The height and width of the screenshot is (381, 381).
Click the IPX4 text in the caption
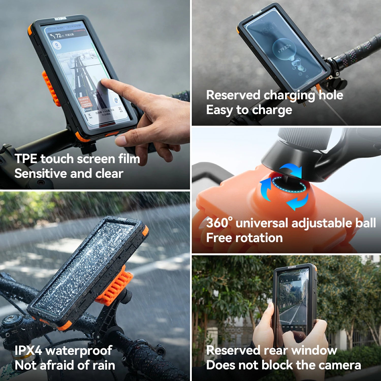tap(28, 351)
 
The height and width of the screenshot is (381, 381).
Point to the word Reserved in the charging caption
tap(233, 95)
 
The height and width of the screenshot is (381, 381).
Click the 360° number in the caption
tap(219, 223)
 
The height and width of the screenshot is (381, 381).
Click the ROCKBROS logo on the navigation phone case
tap(60, 19)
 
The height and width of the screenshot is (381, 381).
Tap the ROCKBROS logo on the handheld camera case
tap(292, 267)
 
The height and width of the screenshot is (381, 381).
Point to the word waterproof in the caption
tap(79, 351)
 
